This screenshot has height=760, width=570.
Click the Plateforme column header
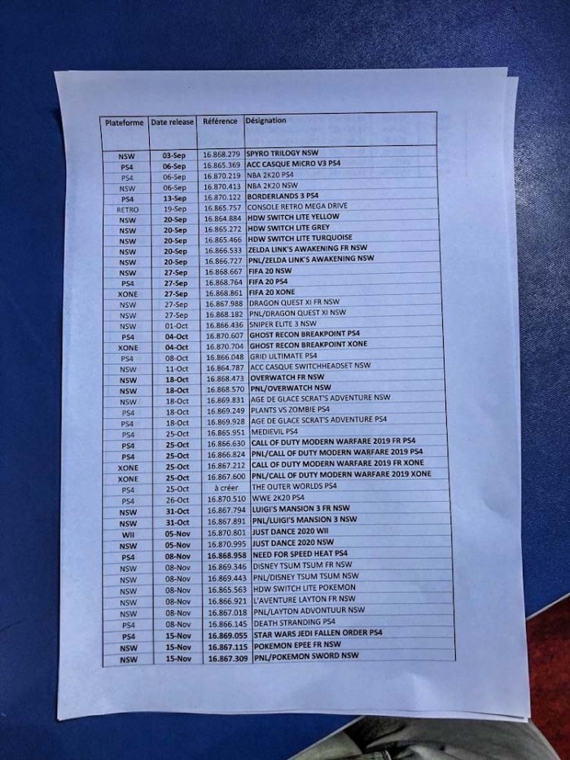(x=124, y=122)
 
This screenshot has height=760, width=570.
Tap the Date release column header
(x=172, y=122)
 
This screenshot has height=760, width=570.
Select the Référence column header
(x=220, y=121)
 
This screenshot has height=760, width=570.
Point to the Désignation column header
(x=265, y=121)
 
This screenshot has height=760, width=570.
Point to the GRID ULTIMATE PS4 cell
(x=283, y=356)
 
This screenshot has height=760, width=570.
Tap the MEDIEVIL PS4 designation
(x=274, y=431)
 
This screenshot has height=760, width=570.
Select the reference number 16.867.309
(x=228, y=656)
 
